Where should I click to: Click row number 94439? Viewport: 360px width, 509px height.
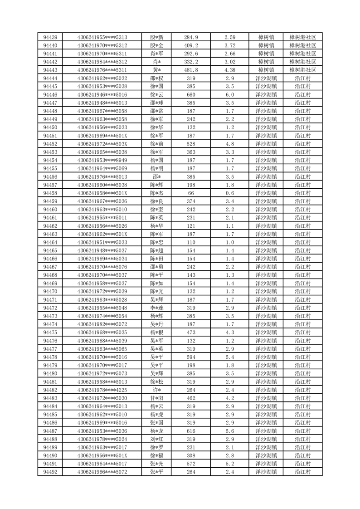click(x=50, y=37)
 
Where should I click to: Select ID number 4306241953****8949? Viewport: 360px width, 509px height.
click(x=102, y=160)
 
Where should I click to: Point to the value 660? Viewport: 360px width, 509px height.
click(x=191, y=94)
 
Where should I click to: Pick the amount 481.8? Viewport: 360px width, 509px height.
click(x=191, y=70)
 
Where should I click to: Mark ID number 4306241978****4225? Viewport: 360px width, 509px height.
click(x=102, y=390)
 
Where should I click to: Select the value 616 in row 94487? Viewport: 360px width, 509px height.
click(x=191, y=431)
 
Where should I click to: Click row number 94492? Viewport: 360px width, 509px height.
click(x=50, y=472)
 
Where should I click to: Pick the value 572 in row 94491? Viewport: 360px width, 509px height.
click(x=191, y=464)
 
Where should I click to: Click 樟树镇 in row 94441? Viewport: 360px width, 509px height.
click(x=266, y=54)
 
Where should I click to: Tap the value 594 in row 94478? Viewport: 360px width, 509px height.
click(x=191, y=357)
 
